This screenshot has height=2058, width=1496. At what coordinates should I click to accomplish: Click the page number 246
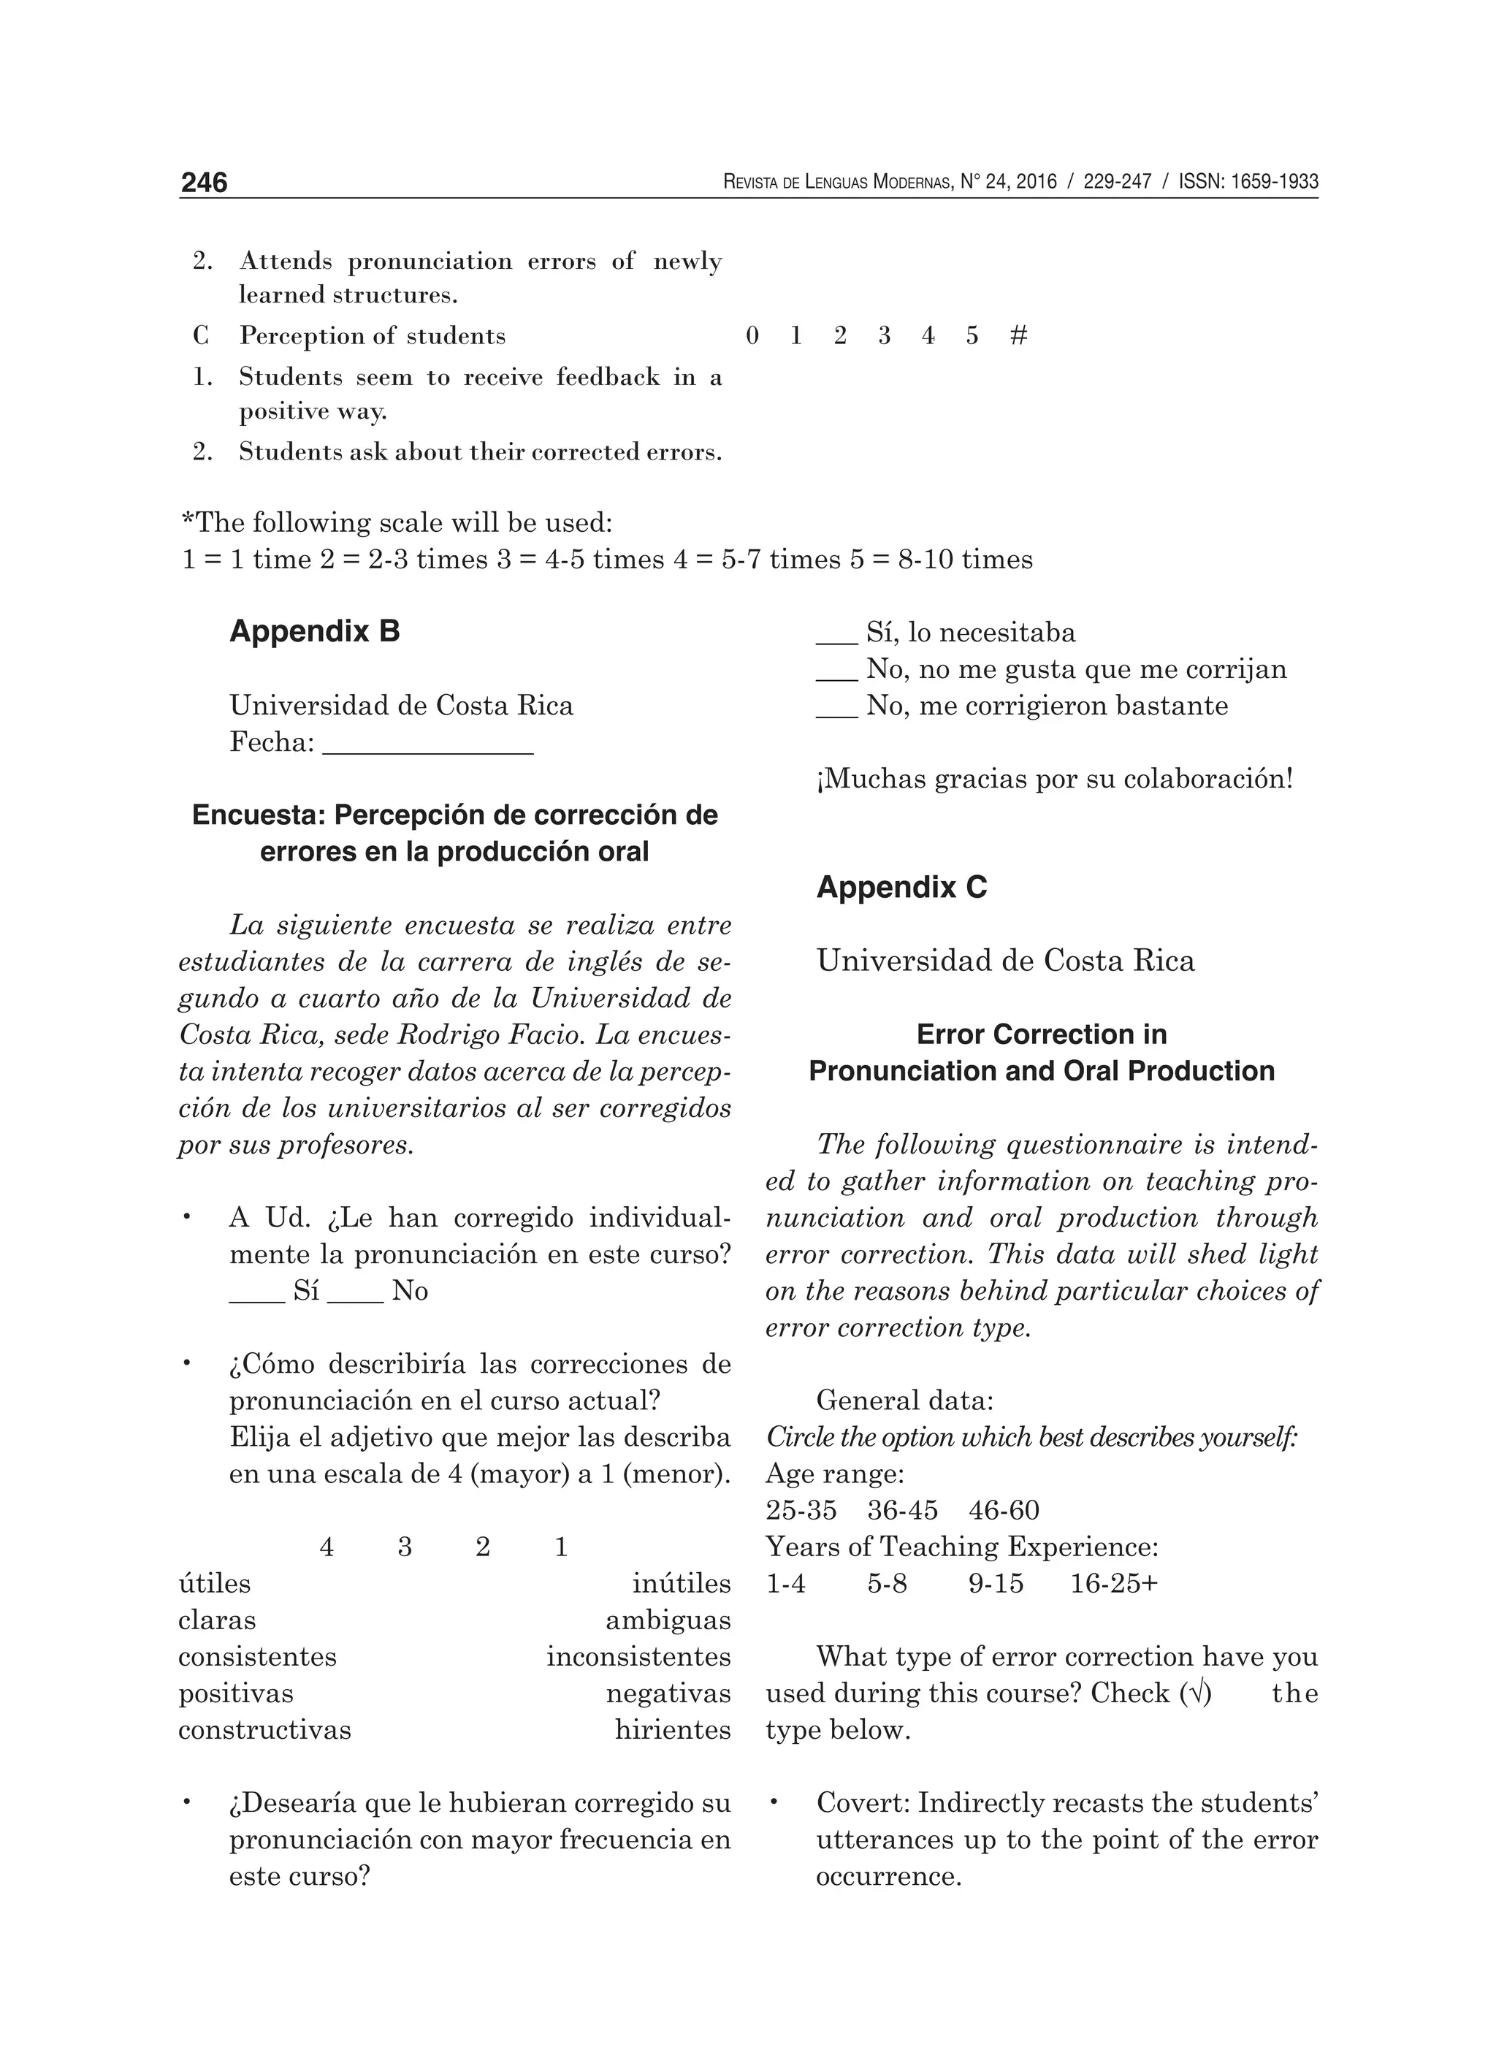click(x=204, y=183)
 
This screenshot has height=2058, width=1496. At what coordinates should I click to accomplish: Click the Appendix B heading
click(x=314, y=630)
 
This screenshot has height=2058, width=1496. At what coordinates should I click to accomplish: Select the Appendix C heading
click(x=901, y=886)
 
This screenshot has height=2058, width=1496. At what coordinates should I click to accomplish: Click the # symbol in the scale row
click(x=1018, y=336)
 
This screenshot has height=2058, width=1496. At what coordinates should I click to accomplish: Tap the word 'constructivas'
click(x=264, y=1729)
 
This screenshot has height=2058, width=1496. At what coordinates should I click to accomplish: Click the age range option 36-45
click(x=902, y=1510)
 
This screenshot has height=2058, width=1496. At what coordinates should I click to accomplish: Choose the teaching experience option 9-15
click(x=995, y=1583)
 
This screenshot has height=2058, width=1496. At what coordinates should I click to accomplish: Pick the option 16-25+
click(x=1113, y=1583)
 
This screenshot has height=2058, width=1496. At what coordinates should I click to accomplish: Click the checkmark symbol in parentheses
click(x=1195, y=1693)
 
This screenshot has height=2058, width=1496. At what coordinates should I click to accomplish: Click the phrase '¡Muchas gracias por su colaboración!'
click(x=1054, y=779)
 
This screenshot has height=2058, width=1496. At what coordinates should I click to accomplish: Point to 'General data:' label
click(x=904, y=1400)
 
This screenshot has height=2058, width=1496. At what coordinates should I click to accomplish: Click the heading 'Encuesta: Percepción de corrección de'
click(x=454, y=815)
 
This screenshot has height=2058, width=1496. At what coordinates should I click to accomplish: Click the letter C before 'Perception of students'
click(x=200, y=336)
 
